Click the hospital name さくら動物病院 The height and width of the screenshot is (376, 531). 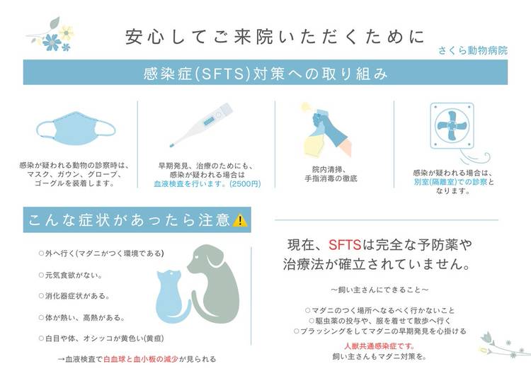pyautogui.click(x=473, y=50)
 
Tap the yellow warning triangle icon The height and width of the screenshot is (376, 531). pyautogui.click(x=240, y=220)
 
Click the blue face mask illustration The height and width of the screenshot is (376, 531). pyautogui.click(x=76, y=129)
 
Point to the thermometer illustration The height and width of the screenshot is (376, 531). pyautogui.click(x=202, y=125)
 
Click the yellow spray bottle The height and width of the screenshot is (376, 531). pyautogui.click(x=315, y=142)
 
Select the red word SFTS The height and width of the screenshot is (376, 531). pyautogui.click(x=344, y=244)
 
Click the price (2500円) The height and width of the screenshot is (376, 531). pyautogui.click(x=245, y=184)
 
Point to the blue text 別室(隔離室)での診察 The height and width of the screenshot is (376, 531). pyautogui.click(x=450, y=182)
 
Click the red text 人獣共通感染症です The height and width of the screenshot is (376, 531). pyautogui.click(x=379, y=346)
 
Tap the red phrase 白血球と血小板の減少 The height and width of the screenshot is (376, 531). pyautogui.click(x=141, y=359)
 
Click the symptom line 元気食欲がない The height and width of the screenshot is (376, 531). pyautogui.click(x=71, y=275)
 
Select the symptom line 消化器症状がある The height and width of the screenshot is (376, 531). pyautogui.click(x=74, y=296)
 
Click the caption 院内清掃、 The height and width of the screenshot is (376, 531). pyautogui.click(x=329, y=170)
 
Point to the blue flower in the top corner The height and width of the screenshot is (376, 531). pyautogui.click(x=52, y=42)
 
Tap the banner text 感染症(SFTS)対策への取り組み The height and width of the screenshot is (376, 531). pyautogui.click(x=265, y=74)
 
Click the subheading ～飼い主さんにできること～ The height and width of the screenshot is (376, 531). pyautogui.click(x=379, y=290)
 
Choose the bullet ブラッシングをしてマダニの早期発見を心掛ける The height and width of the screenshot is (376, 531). pyautogui.click(x=380, y=331)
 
